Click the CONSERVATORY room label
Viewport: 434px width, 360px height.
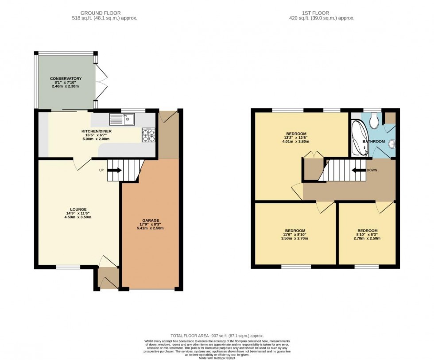point(66,78)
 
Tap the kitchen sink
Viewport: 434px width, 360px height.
point(122,119)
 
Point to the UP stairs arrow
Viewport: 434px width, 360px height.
point(115,170)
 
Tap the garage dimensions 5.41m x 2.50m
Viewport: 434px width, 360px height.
point(151,228)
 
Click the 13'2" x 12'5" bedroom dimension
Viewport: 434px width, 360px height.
point(296,138)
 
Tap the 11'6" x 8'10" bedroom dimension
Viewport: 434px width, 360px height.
point(295,235)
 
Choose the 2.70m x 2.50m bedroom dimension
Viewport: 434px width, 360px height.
point(368,239)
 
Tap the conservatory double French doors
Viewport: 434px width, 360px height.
point(102,82)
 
